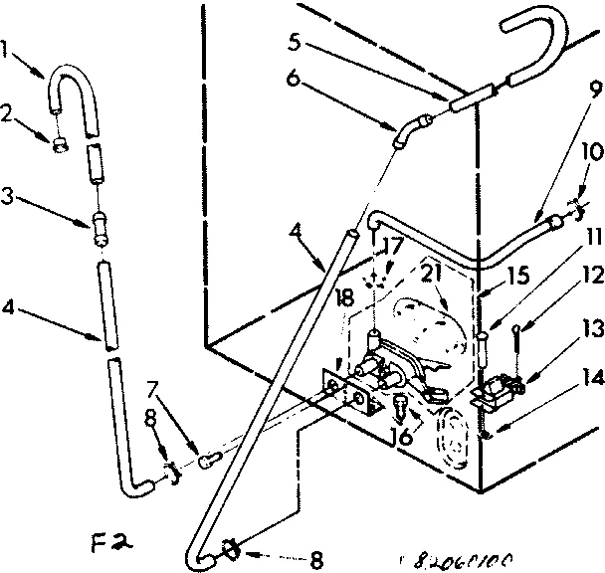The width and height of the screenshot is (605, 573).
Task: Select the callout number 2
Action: tap(9, 114)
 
